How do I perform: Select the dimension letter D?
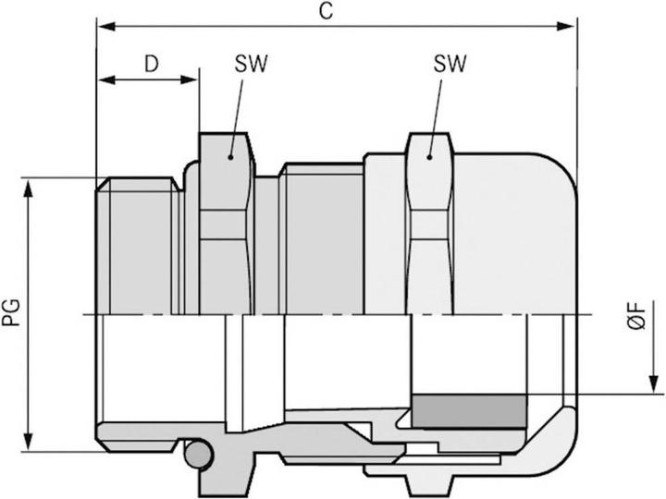click(151, 64)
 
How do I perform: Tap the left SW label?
click(246, 64)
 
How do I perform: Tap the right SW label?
click(449, 64)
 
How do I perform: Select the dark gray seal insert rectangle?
click(468, 410)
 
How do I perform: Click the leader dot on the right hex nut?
click(430, 157)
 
